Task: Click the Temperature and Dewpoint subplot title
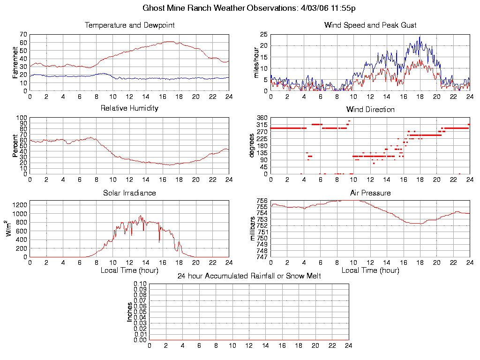pyautogui.click(x=129, y=25)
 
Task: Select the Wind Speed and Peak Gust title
pyautogui.click(x=370, y=25)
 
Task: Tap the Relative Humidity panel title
pyautogui.click(x=129, y=108)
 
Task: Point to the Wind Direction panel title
pyautogui.click(x=370, y=109)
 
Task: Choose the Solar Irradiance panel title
pyautogui.click(x=129, y=193)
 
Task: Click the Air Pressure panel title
pyautogui.click(x=370, y=193)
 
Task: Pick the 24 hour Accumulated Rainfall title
pyautogui.click(x=249, y=276)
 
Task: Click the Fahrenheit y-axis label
pyautogui.click(x=15, y=62)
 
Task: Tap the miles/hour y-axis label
pyautogui.click(x=256, y=62)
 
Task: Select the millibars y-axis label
pyautogui.click(x=253, y=229)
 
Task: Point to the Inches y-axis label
pyautogui.click(x=129, y=312)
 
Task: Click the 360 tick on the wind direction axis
pyautogui.click(x=262, y=118)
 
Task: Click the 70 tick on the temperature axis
pyautogui.click(x=23, y=35)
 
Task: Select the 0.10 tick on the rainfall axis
pyautogui.click(x=140, y=284)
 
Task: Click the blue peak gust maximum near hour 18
pyautogui.click(x=420, y=37)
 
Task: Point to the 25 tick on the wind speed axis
pyautogui.click(x=263, y=34)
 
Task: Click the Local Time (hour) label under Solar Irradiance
pyautogui.click(x=129, y=270)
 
